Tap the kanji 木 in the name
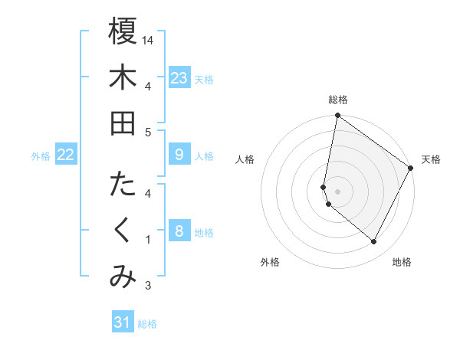point(123,77)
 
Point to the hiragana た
point(123,185)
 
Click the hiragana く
point(123,231)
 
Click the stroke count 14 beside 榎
point(149,40)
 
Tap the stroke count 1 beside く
point(148,240)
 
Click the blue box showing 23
point(179,77)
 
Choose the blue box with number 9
point(179,155)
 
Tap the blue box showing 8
point(179,231)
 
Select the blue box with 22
point(66,155)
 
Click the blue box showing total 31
point(123,322)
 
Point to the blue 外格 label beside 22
point(41,156)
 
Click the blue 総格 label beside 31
point(147,324)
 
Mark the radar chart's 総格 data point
point(337,116)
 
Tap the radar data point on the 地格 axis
point(374,242)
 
